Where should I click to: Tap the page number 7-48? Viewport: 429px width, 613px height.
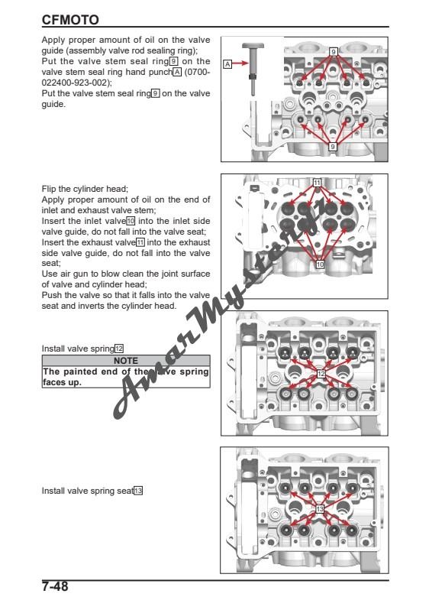(57, 589)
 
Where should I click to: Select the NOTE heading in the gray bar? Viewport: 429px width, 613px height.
(124, 358)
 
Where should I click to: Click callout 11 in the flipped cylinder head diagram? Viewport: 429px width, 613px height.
(317, 183)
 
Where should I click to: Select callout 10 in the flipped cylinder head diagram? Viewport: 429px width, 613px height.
(321, 264)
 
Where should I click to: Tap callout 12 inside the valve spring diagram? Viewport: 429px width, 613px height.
(321, 373)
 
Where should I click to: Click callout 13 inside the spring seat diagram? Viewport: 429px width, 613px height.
(319, 508)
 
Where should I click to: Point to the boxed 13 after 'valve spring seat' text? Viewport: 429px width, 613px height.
(138, 491)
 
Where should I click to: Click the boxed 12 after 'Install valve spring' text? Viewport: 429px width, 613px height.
(119, 348)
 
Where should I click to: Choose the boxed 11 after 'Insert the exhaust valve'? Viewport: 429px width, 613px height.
(140, 241)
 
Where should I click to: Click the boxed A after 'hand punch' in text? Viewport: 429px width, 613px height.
(177, 73)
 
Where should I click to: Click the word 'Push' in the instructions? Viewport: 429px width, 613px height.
(50, 295)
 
